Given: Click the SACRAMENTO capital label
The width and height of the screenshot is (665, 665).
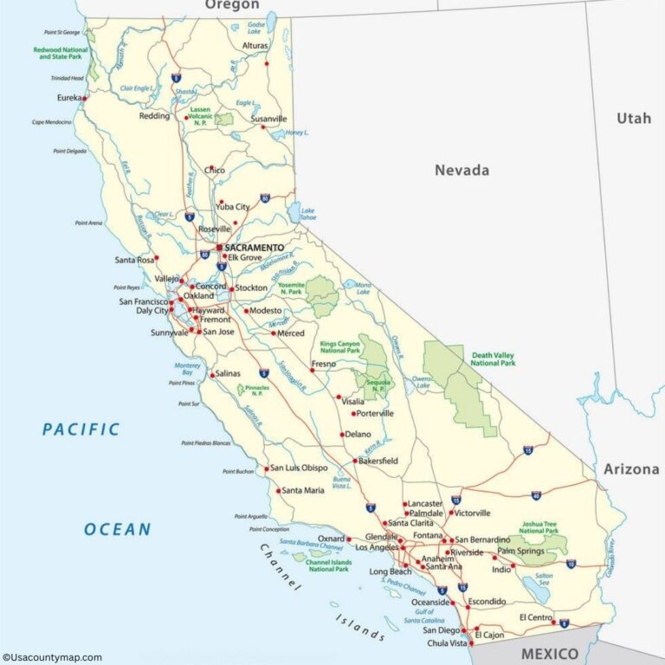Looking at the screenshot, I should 255,247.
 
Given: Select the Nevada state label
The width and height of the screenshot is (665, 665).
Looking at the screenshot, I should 462,171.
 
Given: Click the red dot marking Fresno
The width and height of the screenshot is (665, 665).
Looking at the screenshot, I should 313,371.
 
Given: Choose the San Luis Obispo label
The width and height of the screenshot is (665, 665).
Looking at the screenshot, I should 299,468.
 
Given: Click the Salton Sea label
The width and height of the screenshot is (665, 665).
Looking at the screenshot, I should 544,579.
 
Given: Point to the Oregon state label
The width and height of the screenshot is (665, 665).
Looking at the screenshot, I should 232,5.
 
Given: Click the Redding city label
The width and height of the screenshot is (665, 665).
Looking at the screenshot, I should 155,116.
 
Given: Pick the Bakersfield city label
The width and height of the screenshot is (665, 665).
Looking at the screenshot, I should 378,461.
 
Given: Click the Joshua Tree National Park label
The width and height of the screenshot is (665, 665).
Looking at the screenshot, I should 539,527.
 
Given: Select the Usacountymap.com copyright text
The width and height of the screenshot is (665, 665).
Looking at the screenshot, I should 52,657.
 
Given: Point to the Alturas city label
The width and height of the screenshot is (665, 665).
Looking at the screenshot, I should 255,45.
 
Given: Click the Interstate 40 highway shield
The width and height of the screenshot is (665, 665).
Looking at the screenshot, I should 536,496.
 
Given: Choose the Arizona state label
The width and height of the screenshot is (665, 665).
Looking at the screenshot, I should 631,469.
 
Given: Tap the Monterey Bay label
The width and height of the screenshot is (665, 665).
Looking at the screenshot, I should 188,368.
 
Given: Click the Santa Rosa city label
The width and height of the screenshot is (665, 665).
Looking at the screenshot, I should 134,260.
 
